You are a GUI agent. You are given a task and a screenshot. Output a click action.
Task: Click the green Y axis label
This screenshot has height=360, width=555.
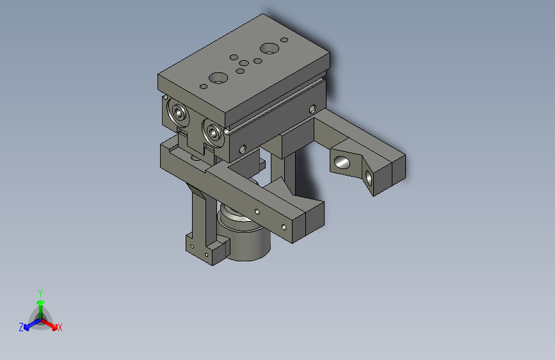(x=40, y=293)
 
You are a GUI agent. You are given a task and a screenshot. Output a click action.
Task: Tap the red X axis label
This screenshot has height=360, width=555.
(x=60, y=327)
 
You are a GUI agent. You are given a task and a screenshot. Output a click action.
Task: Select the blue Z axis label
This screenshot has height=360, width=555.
(x=21, y=327)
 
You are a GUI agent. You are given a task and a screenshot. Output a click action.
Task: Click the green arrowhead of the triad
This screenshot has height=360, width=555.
(x=41, y=303)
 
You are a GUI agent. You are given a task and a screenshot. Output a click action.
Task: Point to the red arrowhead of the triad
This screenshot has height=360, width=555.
(x=54, y=327)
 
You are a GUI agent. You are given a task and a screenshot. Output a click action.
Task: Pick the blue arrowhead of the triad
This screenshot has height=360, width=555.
(x=26, y=327)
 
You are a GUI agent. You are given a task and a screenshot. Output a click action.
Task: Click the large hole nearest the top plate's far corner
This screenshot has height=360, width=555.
(x=269, y=49)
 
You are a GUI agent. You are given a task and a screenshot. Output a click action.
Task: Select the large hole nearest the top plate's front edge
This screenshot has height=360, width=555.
(x=218, y=78)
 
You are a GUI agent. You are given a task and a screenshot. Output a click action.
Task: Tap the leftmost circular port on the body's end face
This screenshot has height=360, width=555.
(x=179, y=113)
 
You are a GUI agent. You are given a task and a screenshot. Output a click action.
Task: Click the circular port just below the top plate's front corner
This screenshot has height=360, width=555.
(x=213, y=133)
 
